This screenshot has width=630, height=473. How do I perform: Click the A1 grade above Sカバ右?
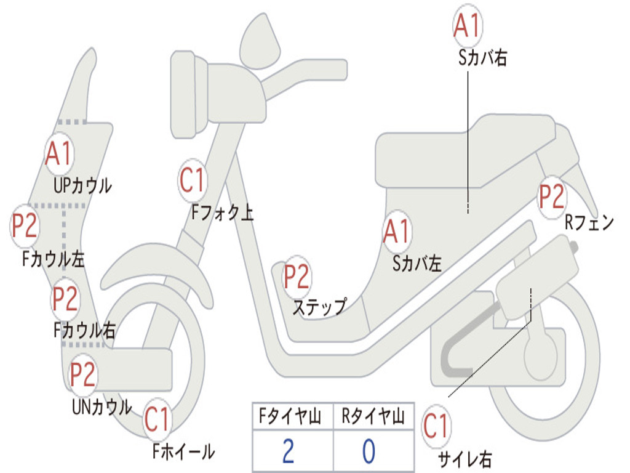coord(467,25)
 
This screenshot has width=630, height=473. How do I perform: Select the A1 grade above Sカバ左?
coord(396,232)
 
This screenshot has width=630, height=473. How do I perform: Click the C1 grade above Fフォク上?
coord(193,180)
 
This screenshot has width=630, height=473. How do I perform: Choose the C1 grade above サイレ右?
coord(436,426)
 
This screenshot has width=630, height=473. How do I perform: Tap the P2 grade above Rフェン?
coord(551,196)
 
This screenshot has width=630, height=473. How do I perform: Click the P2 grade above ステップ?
coord(297,277)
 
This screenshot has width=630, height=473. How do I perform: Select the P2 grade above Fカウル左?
coord(25,226)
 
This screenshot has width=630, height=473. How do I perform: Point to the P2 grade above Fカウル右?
coord(65,299)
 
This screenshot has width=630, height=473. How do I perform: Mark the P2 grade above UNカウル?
coord(82,374)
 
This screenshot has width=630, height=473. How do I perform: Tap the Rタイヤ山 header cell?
coord(373,418)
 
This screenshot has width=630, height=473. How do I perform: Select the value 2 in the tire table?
coord(288,451)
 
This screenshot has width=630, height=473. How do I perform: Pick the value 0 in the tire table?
coord(369,451)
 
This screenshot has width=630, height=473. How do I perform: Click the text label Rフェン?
coord(589,223)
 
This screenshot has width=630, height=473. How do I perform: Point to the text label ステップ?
coord(319,306)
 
